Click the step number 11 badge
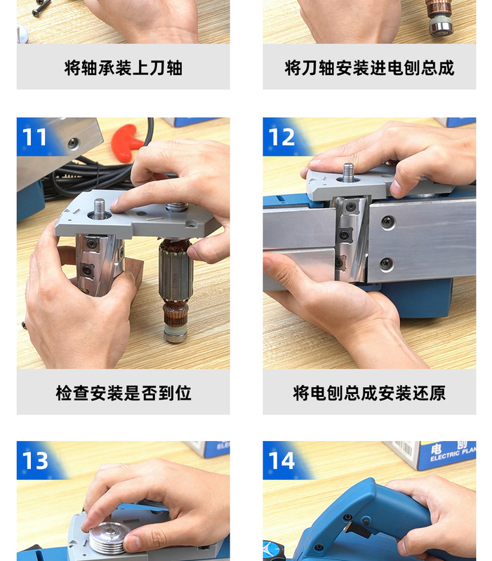(34, 136)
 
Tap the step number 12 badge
(281, 136)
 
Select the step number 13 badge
(35, 460)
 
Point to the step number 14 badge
(282, 460)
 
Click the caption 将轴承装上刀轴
(123, 68)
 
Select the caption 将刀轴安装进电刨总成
(369, 68)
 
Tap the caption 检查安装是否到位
(123, 393)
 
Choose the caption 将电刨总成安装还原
(369, 393)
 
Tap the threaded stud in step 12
(348, 172)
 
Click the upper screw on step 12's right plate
(387, 223)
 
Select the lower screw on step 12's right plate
(387, 264)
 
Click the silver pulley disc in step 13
(109, 538)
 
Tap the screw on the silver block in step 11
(73, 143)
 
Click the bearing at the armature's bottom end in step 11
(175, 334)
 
